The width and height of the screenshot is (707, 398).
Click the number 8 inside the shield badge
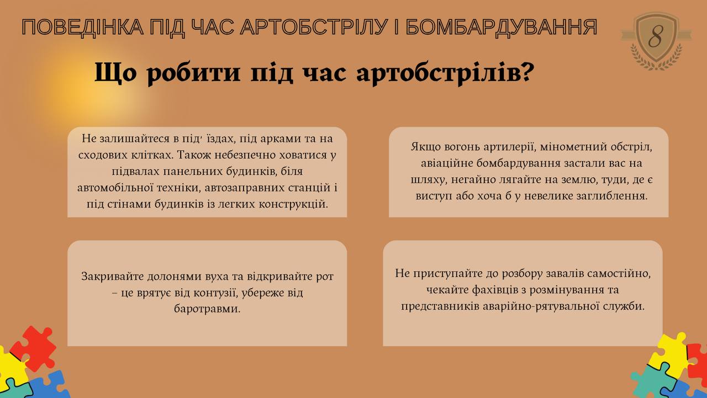[656, 36]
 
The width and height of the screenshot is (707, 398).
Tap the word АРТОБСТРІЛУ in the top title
[314, 27]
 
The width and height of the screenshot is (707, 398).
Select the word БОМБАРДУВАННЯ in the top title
[501, 28]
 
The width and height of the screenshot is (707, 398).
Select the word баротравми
[207, 309]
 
